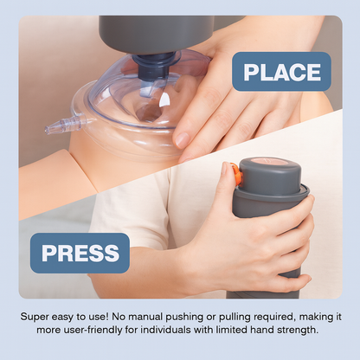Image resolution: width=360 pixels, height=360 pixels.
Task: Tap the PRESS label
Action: (80, 253)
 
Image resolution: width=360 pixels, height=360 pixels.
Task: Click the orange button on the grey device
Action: (236, 175)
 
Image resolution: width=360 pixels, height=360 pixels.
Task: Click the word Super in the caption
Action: (36, 317)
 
